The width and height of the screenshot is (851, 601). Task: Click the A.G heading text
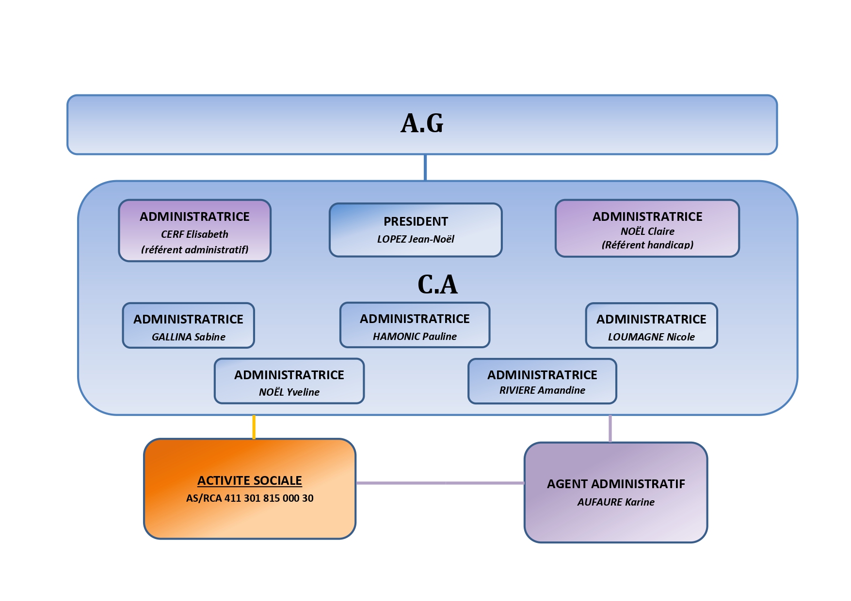coord(422,123)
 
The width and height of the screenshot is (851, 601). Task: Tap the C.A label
coord(437,284)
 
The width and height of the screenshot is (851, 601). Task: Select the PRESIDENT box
coord(416,230)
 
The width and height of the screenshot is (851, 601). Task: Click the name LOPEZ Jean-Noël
coord(416,239)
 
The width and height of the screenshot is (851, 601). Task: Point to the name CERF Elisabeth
coord(194,234)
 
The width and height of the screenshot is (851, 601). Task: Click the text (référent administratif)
coord(194,250)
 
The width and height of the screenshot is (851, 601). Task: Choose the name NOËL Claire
coord(647,231)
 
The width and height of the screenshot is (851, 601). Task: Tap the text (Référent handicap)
coord(647,245)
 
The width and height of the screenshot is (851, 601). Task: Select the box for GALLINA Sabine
coord(188,325)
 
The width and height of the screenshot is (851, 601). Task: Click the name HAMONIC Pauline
coord(415,337)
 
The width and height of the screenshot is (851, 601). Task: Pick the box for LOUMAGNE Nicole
coord(651,325)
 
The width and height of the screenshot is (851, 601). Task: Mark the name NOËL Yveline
coord(289,392)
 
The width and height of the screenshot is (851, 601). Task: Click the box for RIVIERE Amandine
coord(542,381)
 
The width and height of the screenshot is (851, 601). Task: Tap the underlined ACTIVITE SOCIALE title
coord(250,480)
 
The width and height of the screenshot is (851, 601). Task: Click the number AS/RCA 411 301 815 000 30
coord(250,498)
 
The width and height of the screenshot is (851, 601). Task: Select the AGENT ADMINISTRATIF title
coord(616,484)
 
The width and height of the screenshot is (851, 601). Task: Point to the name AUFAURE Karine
coord(616,502)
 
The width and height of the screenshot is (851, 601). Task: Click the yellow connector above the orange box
coord(254,427)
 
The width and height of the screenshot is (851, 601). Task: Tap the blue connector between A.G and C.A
coord(425,168)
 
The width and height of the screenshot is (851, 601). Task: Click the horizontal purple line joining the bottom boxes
coord(440,483)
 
